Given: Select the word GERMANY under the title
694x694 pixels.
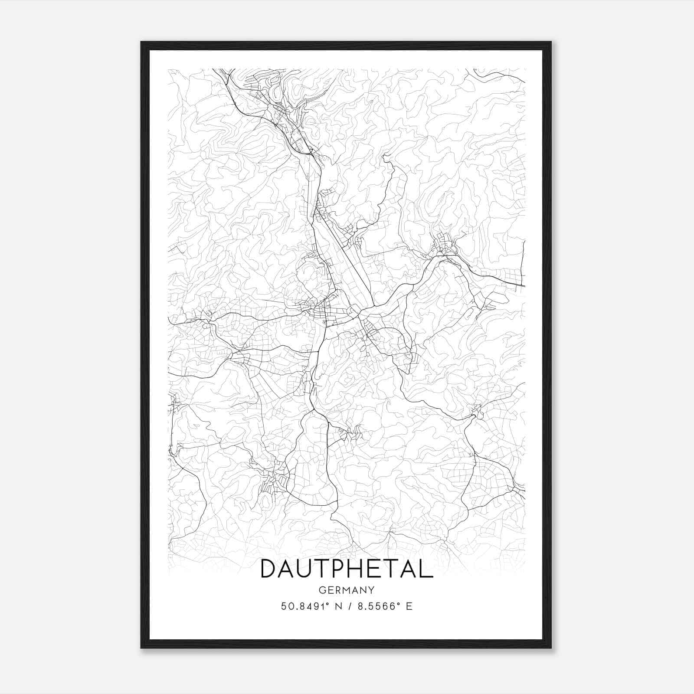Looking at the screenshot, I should (x=347, y=590).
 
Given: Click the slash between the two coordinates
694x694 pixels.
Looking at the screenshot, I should (x=347, y=606).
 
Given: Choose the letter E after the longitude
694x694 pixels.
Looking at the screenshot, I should (x=409, y=606).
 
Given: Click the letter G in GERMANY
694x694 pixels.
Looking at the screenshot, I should (x=322, y=590).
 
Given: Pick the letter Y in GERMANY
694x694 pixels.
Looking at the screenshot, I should (x=372, y=590).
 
